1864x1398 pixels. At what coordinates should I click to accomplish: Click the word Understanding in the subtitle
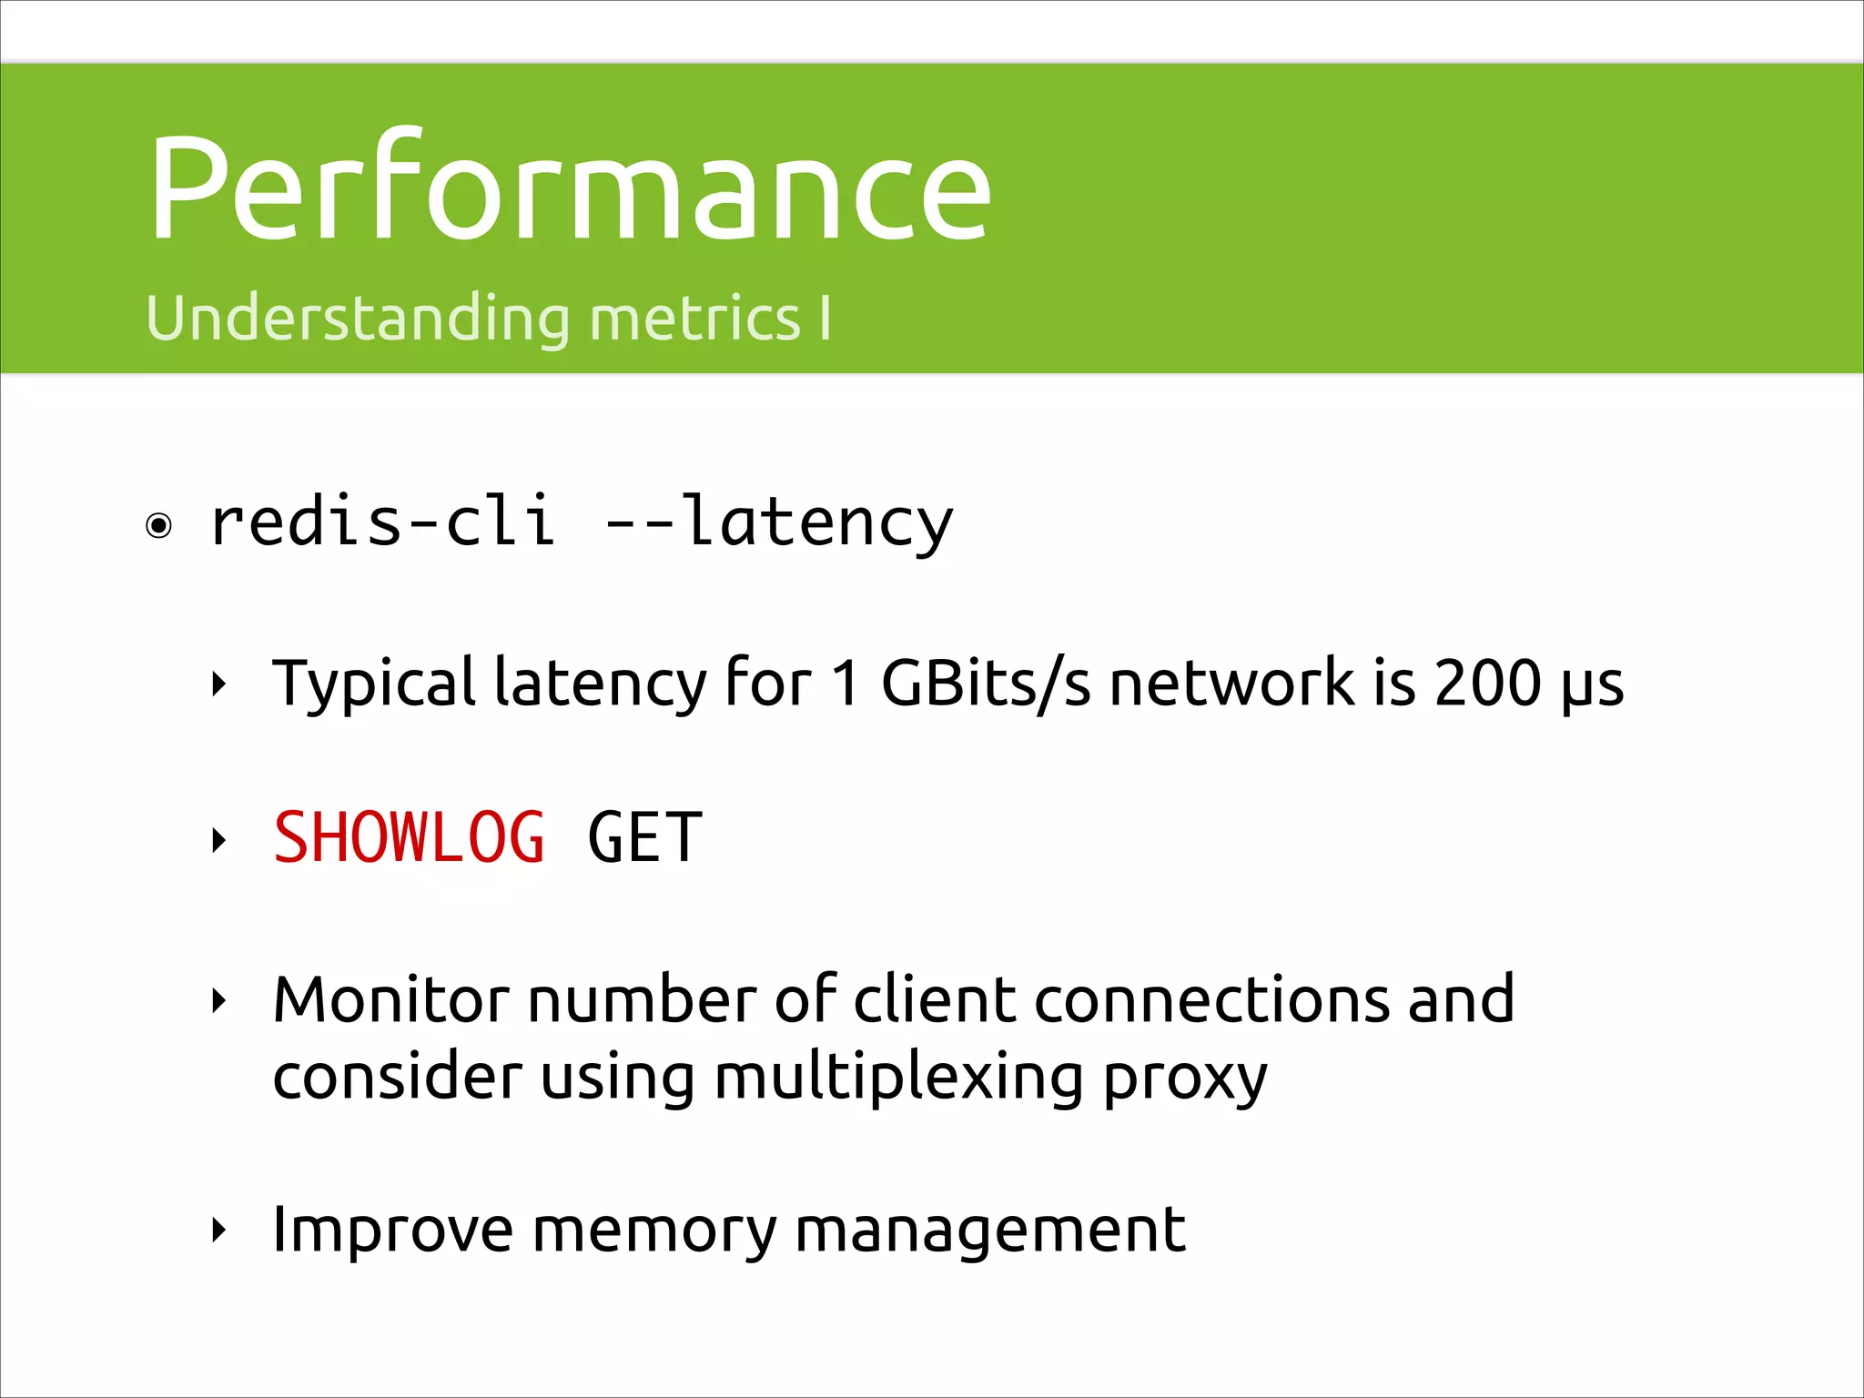click(x=358, y=319)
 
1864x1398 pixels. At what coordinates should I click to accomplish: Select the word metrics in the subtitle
click(x=694, y=319)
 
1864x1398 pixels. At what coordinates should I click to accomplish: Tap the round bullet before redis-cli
click(x=159, y=526)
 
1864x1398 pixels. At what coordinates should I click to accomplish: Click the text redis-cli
click(x=382, y=522)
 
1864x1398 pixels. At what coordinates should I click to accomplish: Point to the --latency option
click(x=779, y=522)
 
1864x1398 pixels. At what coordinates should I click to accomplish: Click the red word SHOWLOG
click(x=409, y=837)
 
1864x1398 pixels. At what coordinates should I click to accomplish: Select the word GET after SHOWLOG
click(x=644, y=837)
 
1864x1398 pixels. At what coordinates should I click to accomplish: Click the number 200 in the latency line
click(x=1487, y=683)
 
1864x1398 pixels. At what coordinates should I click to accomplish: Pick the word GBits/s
click(x=986, y=683)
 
